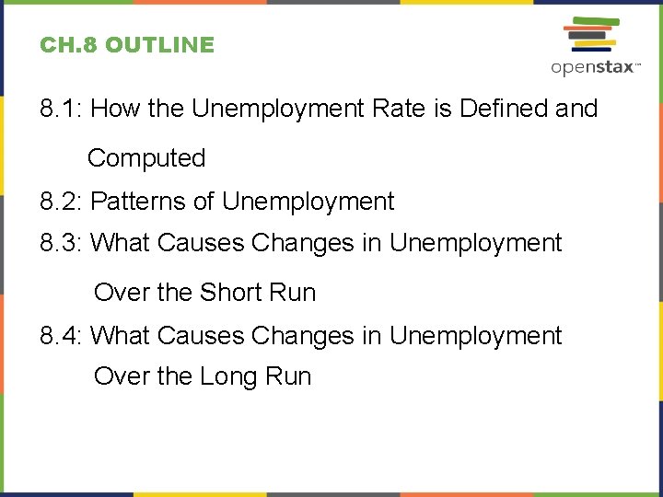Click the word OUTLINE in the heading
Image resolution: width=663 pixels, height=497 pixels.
click(x=159, y=45)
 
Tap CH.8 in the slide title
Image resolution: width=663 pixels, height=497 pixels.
click(x=69, y=45)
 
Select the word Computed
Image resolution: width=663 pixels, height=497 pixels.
click(x=146, y=158)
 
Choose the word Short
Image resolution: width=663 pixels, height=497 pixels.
click(x=230, y=293)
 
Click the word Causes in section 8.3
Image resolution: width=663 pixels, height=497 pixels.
click(x=201, y=243)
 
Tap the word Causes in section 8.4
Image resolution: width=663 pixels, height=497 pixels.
click(x=201, y=335)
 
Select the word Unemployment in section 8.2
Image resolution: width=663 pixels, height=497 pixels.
click(x=308, y=201)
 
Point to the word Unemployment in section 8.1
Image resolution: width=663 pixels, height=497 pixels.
click(x=277, y=109)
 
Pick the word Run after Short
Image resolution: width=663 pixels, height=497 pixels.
click(x=292, y=293)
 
